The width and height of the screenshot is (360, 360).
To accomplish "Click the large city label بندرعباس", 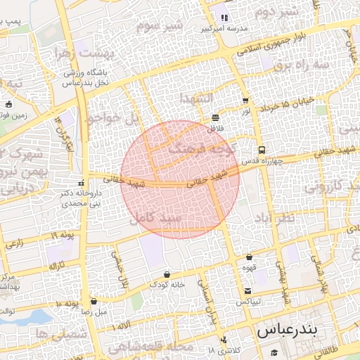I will (288, 329).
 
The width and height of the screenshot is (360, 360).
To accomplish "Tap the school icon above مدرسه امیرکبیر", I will (224, 18).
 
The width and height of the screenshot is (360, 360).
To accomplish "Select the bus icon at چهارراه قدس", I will (262, 150).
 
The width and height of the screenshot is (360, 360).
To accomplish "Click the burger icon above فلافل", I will (215, 117).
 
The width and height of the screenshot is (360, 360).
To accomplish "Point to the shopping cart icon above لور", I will (245, 101).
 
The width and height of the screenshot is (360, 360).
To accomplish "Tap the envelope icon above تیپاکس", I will (247, 291).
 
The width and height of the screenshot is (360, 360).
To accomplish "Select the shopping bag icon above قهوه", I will (250, 257).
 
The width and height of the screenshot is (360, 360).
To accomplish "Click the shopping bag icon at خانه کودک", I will (167, 274).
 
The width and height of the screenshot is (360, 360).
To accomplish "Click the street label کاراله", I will (57, 266).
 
